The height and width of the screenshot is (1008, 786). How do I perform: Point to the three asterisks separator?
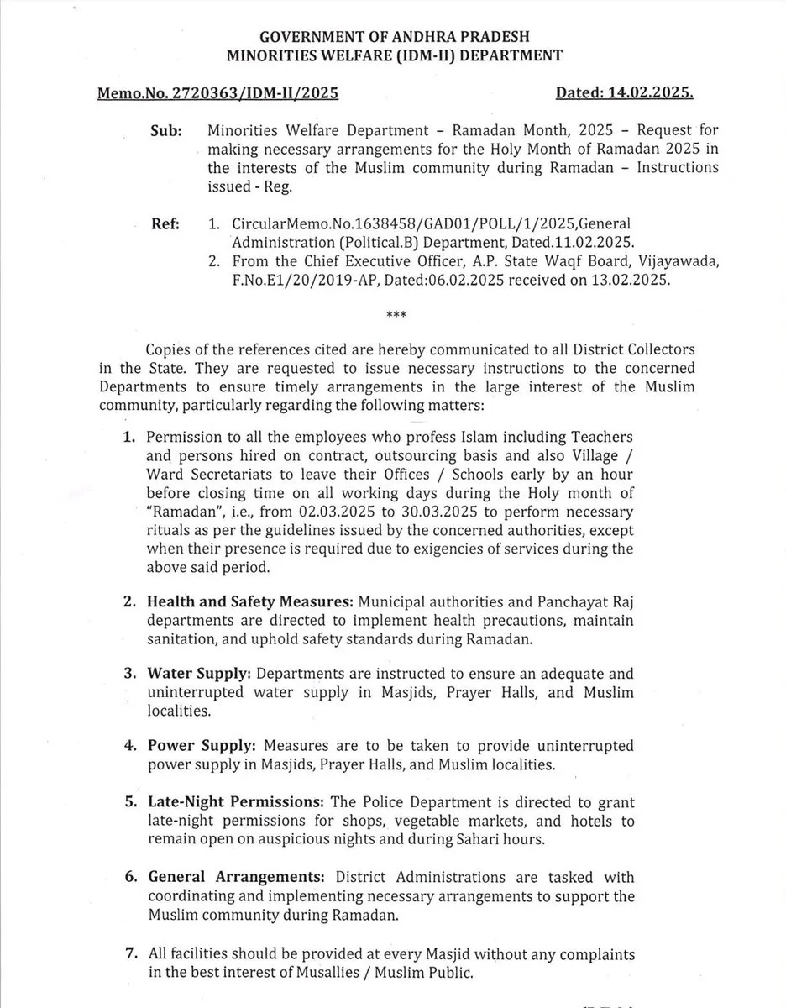point(396,316)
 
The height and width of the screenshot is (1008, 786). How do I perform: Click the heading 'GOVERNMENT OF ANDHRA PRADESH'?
point(394,37)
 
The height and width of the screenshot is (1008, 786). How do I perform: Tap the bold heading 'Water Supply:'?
point(199,675)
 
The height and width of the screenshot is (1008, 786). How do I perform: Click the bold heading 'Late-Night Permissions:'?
point(237,802)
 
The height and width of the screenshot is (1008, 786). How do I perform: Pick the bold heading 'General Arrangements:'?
point(229,876)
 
